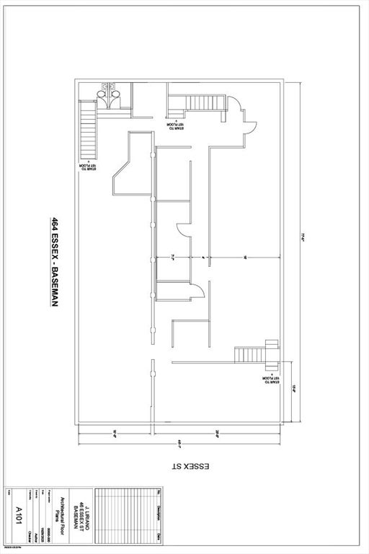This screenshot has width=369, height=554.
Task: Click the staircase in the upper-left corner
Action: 88,130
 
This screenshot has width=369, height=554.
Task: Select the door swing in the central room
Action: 195,291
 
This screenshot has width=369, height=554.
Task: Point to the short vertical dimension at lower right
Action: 293,390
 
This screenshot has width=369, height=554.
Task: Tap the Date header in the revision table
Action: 159,536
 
